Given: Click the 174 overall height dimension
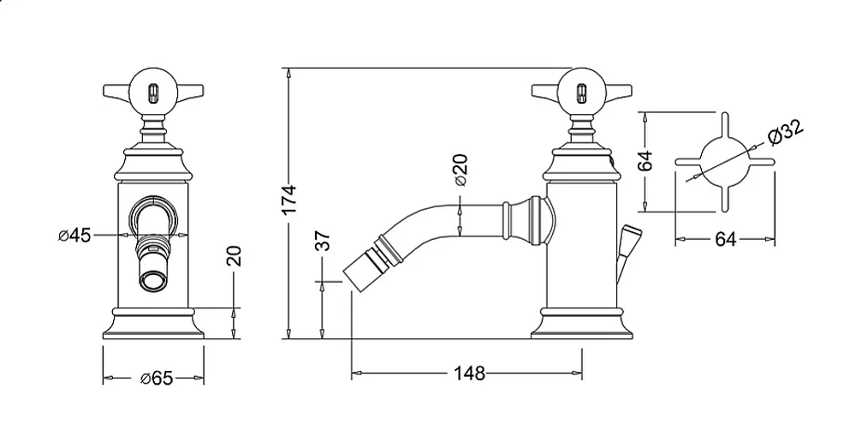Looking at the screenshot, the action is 290,200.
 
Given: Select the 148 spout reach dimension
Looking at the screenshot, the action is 469,373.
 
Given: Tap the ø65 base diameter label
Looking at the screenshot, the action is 157,378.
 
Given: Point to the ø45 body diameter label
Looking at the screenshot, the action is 74,236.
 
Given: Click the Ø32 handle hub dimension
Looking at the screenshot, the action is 785,132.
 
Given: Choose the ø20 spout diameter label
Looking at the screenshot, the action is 461,170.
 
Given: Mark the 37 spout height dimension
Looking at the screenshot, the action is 324,241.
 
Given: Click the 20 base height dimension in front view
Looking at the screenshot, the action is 234,256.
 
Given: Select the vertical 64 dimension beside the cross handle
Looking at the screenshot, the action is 645,161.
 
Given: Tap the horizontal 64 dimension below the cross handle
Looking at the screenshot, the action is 726,239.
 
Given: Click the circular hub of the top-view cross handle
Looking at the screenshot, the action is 724,161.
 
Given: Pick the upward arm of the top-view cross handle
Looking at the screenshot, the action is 724,124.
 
